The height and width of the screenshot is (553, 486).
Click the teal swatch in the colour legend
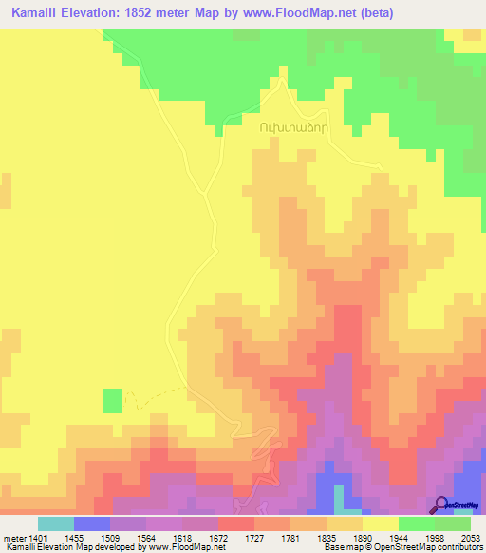[56, 524]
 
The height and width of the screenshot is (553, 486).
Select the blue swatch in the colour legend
[92, 524]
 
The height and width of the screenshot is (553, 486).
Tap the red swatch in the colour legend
[236, 524]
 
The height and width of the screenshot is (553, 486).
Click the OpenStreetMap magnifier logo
[441, 505]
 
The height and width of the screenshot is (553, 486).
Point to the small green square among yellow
[113, 401]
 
